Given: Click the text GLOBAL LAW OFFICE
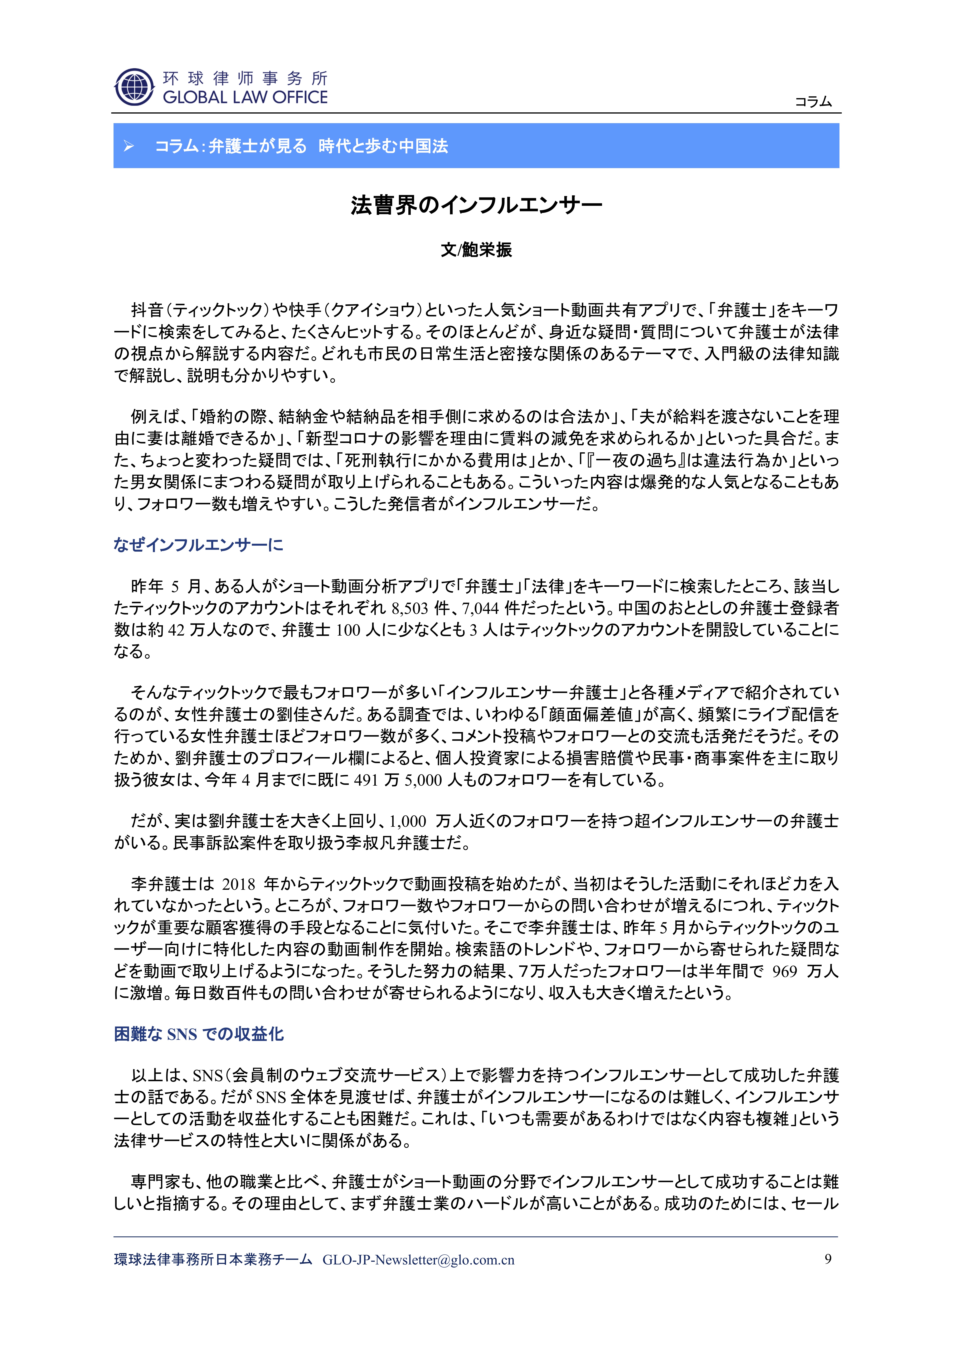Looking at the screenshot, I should (x=245, y=97).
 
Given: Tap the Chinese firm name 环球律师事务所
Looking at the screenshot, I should (x=245, y=78).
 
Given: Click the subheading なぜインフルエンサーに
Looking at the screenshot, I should (x=198, y=545).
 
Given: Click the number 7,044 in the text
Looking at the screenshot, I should (x=480, y=608).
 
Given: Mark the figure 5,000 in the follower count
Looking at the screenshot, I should (x=422, y=780).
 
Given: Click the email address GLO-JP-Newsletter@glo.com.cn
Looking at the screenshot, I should (x=418, y=1260).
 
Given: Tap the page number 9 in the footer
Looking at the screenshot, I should (x=828, y=1259).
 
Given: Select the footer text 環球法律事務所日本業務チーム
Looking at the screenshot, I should (x=213, y=1260).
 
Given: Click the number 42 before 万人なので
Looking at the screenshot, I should (x=176, y=630).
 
